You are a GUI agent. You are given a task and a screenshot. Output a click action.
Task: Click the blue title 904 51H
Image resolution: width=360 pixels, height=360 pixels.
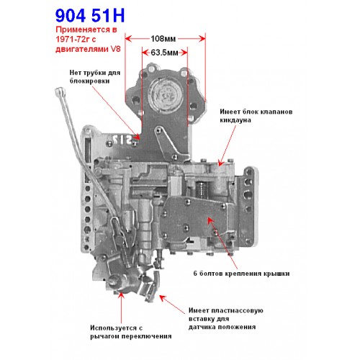tap(90, 16)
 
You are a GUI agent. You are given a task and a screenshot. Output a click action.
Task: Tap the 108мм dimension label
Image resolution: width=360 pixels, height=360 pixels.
tap(163, 38)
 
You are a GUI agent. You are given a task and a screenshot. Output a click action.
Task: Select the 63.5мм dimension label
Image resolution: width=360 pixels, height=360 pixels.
tap(164, 53)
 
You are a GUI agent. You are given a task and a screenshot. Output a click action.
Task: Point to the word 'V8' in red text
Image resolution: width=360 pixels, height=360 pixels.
tap(115, 49)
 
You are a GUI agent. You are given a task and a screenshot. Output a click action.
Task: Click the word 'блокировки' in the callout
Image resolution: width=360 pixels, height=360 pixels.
tap(89, 81)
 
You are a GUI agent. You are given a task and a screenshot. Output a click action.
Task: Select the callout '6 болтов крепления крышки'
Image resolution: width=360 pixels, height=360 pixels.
tap(241, 274)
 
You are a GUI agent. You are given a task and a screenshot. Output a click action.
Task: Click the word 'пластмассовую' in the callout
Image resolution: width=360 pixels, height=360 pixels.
tap(237, 310)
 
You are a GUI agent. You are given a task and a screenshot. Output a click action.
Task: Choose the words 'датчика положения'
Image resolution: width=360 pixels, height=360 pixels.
tap(222, 327)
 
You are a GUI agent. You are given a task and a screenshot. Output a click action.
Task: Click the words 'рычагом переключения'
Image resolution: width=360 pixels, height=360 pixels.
tap(131, 336)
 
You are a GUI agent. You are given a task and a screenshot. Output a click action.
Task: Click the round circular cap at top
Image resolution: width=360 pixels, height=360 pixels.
tap(166, 94)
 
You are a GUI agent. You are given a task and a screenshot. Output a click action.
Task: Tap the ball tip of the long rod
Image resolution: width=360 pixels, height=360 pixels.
tap(59, 91)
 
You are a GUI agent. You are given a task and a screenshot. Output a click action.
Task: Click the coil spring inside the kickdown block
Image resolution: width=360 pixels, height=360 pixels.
tap(202, 189)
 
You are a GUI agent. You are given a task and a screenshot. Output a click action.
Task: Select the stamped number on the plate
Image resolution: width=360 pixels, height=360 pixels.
tap(123, 140)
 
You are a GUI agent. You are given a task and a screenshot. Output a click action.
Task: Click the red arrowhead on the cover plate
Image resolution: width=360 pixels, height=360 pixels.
tap(210, 220)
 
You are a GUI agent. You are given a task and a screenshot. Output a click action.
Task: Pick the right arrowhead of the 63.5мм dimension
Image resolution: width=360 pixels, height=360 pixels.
tap(184, 53)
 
